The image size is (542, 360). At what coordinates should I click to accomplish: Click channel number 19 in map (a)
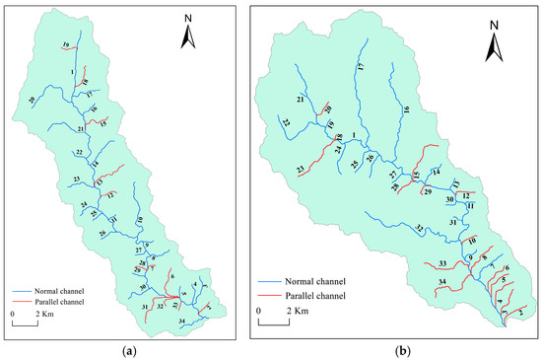pos(64,46)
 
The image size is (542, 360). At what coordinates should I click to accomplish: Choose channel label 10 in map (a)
pos(140,219)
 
